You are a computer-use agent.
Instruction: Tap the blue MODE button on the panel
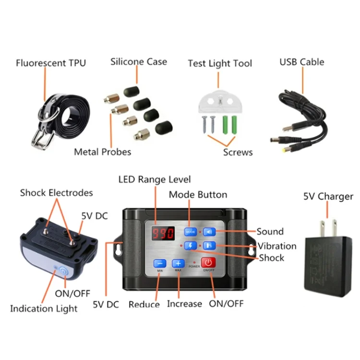(x=189, y=232)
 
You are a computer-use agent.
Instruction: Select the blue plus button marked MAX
(x=178, y=264)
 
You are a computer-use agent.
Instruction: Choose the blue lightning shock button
(x=191, y=245)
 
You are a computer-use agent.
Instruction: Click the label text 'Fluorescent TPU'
(x=51, y=63)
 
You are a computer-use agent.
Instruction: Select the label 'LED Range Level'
(x=155, y=180)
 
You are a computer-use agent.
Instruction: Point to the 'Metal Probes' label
(x=102, y=152)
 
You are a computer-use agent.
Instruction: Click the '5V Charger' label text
(x=328, y=196)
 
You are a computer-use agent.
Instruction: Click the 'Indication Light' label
(x=44, y=309)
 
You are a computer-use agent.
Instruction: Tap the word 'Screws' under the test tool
(x=238, y=152)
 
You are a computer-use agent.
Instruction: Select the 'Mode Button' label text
(x=198, y=194)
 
